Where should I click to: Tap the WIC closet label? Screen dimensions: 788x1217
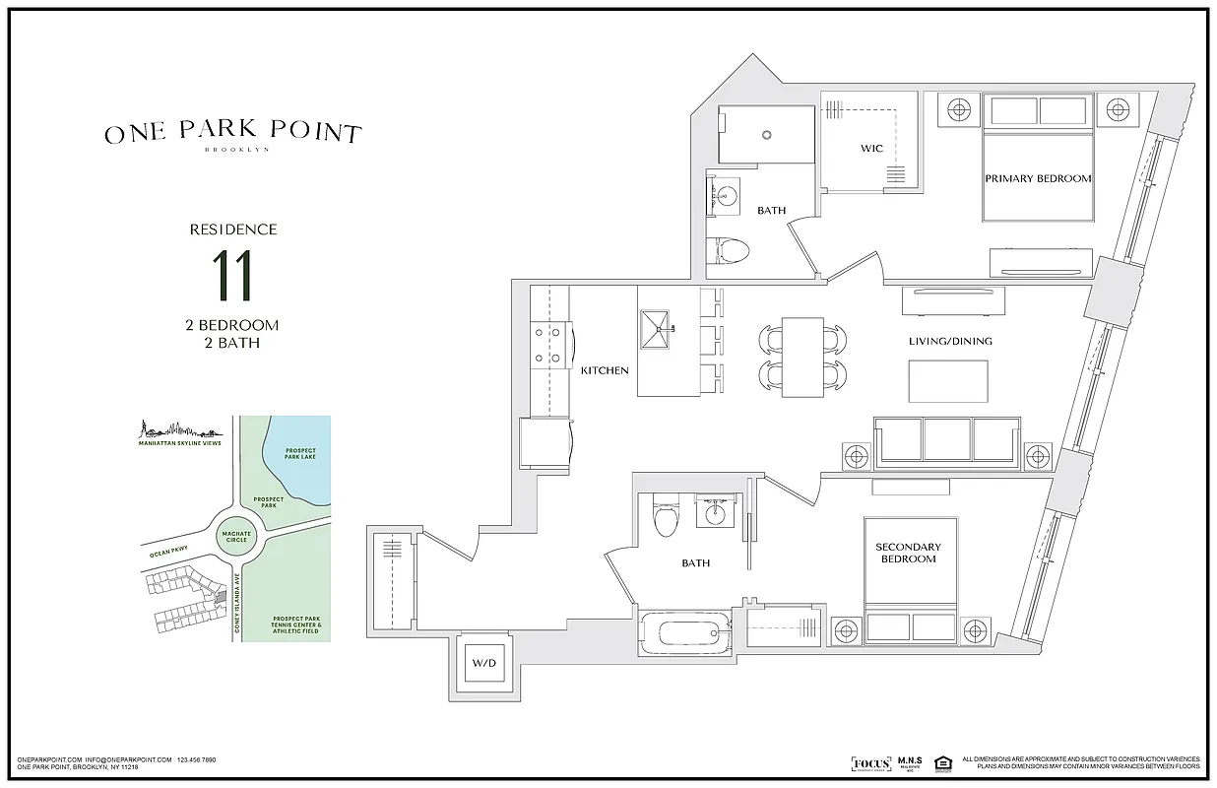click(871, 149)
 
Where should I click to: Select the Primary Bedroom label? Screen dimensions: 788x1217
click(1038, 178)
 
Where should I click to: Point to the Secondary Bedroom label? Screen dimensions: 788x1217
click(908, 553)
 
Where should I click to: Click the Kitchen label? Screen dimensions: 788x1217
click(604, 370)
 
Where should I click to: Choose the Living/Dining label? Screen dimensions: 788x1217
click(950, 342)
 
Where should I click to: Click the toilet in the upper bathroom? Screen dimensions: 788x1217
click(730, 250)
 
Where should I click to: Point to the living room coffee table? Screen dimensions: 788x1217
click(947, 381)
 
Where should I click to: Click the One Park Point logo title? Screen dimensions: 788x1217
click(232, 134)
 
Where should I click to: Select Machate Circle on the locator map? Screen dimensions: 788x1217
click(236, 535)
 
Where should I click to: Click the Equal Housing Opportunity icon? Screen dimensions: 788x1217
click(942, 762)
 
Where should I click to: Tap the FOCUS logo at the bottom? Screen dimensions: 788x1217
click(870, 763)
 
